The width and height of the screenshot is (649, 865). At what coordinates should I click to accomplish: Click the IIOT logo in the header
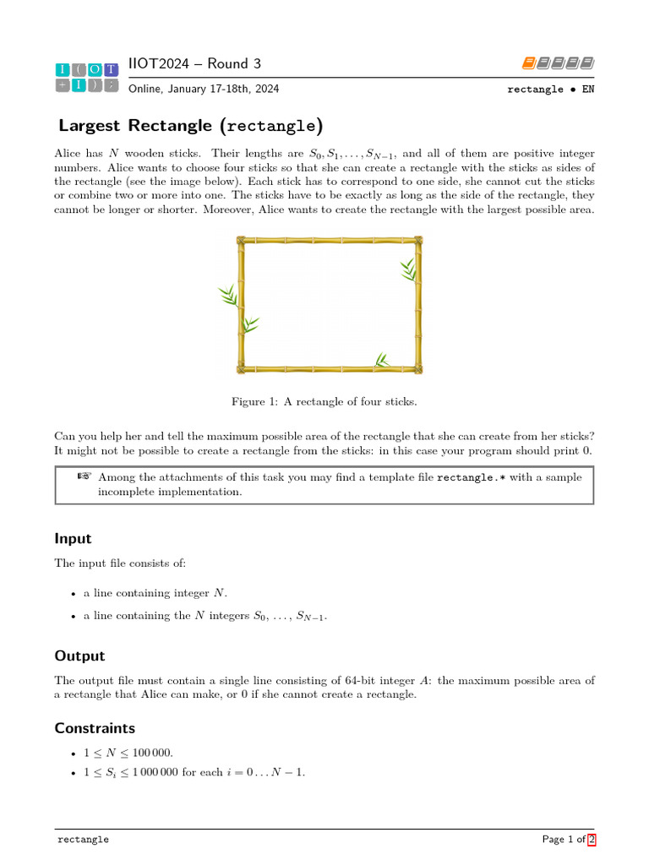87,77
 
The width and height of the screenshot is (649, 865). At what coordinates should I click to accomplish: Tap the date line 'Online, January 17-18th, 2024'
204,89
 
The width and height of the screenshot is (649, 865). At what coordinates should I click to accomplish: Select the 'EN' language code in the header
587,89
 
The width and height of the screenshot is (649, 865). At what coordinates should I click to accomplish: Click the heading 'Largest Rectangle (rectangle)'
191,127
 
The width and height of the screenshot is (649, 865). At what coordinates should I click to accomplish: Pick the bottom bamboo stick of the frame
330,369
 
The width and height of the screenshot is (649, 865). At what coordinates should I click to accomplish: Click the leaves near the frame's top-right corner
409,269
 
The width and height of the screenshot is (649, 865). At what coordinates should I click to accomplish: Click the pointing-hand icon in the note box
84,476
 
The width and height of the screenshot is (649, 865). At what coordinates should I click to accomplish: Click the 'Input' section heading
74,539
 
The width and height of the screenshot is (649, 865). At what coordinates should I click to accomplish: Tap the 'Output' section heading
80,656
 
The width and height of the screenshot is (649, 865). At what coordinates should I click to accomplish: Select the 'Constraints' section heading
95,728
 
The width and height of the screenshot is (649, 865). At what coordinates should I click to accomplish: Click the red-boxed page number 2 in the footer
592,840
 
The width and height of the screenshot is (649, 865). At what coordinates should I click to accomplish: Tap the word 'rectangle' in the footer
83,841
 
